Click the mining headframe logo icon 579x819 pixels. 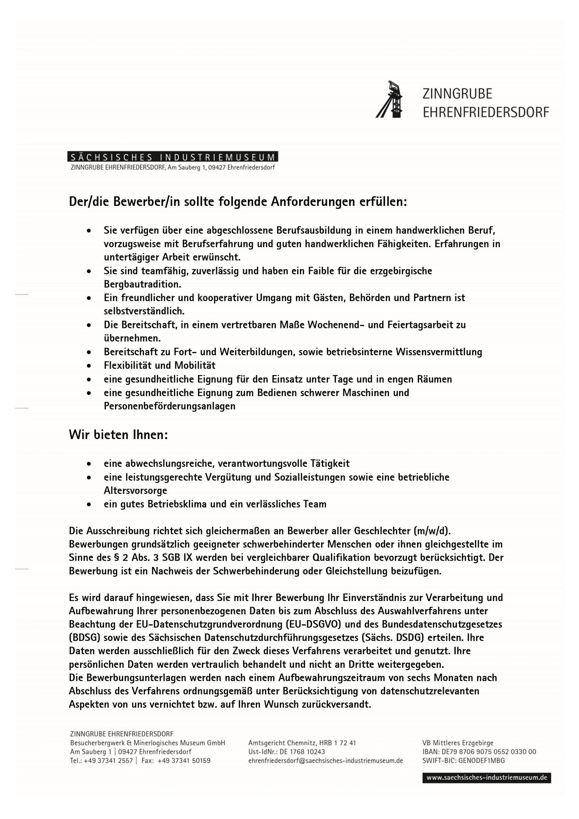coord(389,100)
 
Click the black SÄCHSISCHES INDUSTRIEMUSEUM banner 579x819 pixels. coord(173,157)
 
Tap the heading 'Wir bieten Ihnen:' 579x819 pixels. coord(118,435)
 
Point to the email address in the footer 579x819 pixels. coord(325,761)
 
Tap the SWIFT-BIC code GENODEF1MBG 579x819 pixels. coord(482,761)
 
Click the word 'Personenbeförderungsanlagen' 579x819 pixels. coord(170,406)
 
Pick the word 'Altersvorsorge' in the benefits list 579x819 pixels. coord(136,490)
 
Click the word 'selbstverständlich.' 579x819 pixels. coord(144,311)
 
